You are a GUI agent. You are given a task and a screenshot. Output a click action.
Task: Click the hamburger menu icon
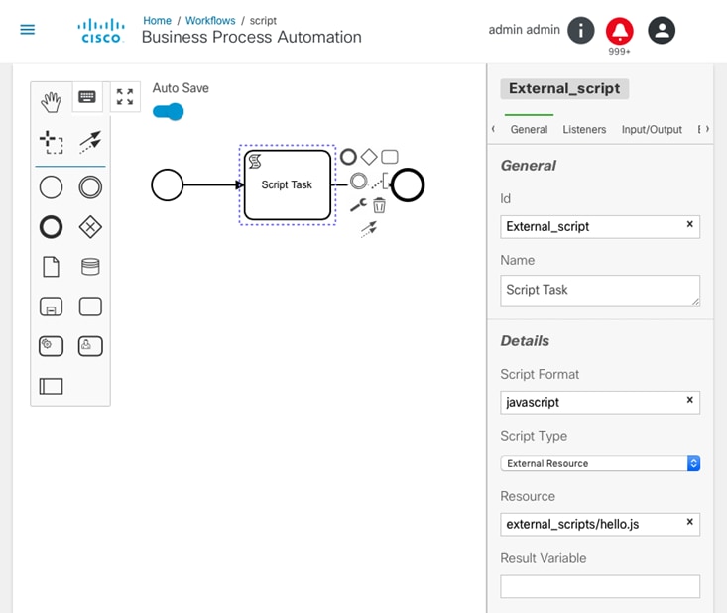(x=28, y=30)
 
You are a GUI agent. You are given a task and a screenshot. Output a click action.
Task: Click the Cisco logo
(x=101, y=31)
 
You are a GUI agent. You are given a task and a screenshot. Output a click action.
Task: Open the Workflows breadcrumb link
(x=210, y=21)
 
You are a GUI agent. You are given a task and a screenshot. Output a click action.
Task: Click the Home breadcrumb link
(x=157, y=21)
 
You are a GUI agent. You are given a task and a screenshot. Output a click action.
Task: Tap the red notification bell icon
(x=620, y=31)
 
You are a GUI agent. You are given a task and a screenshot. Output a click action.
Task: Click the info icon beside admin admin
(x=580, y=30)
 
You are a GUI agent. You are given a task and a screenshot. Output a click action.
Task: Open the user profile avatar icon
(x=662, y=30)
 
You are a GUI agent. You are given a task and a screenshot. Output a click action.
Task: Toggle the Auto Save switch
(x=169, y=112)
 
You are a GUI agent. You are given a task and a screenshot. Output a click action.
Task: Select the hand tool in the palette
(x=51, y=102)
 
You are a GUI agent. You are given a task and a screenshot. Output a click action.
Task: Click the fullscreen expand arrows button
(x=125, y=97)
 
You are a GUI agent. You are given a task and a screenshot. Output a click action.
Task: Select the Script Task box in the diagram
(x=288, y=185)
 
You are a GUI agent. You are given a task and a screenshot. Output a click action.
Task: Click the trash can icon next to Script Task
(x=379, y=205)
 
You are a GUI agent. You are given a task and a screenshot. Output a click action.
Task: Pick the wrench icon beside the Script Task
(x=358, y=205)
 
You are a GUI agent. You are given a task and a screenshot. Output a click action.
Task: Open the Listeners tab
(x=584, y=129)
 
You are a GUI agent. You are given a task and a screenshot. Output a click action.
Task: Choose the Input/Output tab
(x=652, y=129)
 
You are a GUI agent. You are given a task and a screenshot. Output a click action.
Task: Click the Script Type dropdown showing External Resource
(x=600, y=463)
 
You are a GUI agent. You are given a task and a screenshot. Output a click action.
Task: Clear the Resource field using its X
(x=690, y=522)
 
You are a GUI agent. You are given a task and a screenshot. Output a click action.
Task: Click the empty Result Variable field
(x=600, y=586)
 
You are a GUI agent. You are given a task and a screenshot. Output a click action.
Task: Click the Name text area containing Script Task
(x=600, y=291)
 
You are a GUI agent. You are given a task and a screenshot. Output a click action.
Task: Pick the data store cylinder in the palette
(x=90, y=267)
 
